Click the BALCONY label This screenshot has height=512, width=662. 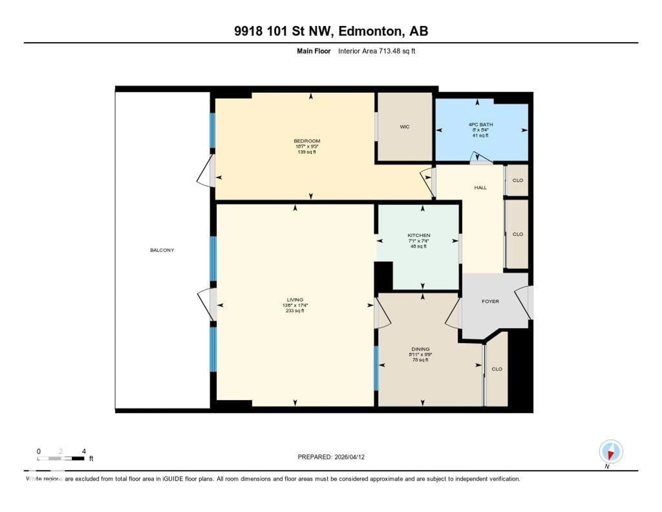pyautogui.click(x=162, y=250)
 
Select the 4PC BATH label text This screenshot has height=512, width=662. pyautogui.click(x=480, y=124)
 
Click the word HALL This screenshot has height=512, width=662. pyautogui.click(x=480, y=188)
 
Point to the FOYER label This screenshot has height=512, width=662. pyautogui.click(x=490, y=301)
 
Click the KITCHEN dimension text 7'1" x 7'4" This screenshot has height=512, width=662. pyautogui.click(x=419, y=241)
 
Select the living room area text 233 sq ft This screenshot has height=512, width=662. pyautogui.click(x=295, y=311)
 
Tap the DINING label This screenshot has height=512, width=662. pyautogui.click(x=420, y=349)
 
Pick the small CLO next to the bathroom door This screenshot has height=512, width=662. pyautogui.click(x=517, y=180)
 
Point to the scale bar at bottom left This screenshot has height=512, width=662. pyautogui.click(x=61, y=458)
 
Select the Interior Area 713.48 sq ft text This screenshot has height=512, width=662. pyautogui.click(x=377, y=51)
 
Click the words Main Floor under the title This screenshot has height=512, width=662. pyautogui.click(x=313, y=51)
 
